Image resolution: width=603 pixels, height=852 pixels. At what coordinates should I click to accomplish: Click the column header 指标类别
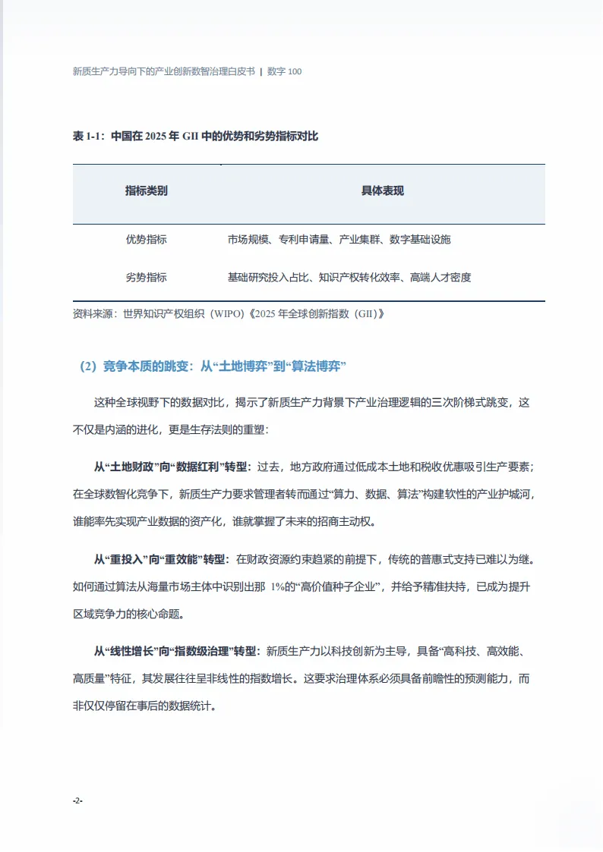click(146, 191)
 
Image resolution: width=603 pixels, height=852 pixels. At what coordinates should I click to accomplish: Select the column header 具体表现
click(382, 191)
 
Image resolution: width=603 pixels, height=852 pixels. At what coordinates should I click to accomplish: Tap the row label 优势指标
click(146, 239)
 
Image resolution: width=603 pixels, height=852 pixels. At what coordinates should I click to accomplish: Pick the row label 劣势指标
click(146, 277)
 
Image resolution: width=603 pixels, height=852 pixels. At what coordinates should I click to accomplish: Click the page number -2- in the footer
click(77, 800)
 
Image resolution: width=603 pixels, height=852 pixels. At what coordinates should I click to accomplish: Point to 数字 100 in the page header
click(285, 71)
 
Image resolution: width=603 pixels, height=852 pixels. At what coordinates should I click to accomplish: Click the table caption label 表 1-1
click(88, 137)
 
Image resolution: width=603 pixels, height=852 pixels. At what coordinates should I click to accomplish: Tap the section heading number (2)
click(89, 366)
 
